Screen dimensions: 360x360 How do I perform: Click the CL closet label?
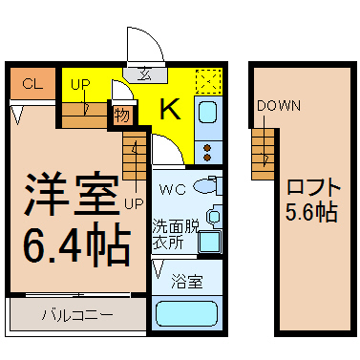click(x=32, y=84)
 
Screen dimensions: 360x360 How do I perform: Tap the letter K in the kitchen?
click(x=170, y=109)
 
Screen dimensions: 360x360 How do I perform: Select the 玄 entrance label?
click(x=145, y=74)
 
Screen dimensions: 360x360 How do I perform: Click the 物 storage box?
click(x=122, y=115)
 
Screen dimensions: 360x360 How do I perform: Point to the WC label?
click(x=173, y=190)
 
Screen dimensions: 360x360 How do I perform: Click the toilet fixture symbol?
click(x=208, y=185)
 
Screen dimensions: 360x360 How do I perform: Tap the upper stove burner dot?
click(x=208, y=148)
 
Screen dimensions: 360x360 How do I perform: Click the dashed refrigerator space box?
click(x=208, y=81)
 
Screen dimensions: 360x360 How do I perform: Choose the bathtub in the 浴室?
click(x=186, y=314)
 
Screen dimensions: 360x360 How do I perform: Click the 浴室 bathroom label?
click(x=187, y=282)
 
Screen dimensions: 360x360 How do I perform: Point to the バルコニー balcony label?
click(x=77, y=315)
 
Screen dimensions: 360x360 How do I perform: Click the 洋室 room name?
click(x=72, y=194)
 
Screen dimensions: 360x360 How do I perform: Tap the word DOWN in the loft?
click(x=279, y=106)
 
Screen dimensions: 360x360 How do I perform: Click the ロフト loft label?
click(x=313, y=187)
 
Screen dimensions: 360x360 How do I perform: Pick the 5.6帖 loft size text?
click(x=311, y=212)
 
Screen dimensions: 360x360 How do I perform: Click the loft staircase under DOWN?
click(x=263, y=154)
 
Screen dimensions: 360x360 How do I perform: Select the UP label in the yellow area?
click(x=80, y=85)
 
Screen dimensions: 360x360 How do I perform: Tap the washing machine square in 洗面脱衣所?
click(x=210, y=243)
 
